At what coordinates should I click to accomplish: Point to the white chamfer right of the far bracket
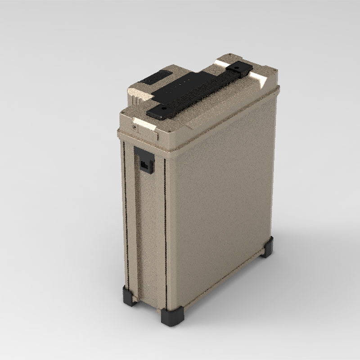[260, 81]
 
